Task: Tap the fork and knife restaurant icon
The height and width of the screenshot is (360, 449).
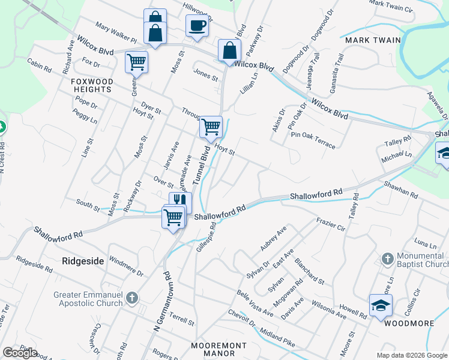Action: click(180, 201)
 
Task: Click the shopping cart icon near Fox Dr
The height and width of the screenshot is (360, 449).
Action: click(137, 62)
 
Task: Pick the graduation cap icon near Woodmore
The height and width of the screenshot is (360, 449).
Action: click(380, 307)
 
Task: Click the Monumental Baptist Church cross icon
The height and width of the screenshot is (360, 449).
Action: click(388, 260)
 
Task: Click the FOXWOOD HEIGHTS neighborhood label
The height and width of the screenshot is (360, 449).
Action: click(91, 85)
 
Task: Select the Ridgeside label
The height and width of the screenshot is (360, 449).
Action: click(83, 261)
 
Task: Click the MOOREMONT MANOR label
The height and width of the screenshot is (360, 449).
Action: click(218, 349)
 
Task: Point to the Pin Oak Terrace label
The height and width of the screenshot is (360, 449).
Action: click(313, 136)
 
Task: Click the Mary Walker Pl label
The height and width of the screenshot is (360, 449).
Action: click(116, 34)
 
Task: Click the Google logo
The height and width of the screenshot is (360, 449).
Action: click(20, 353)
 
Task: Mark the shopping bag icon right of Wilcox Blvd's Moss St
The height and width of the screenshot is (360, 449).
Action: click(229, 51)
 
